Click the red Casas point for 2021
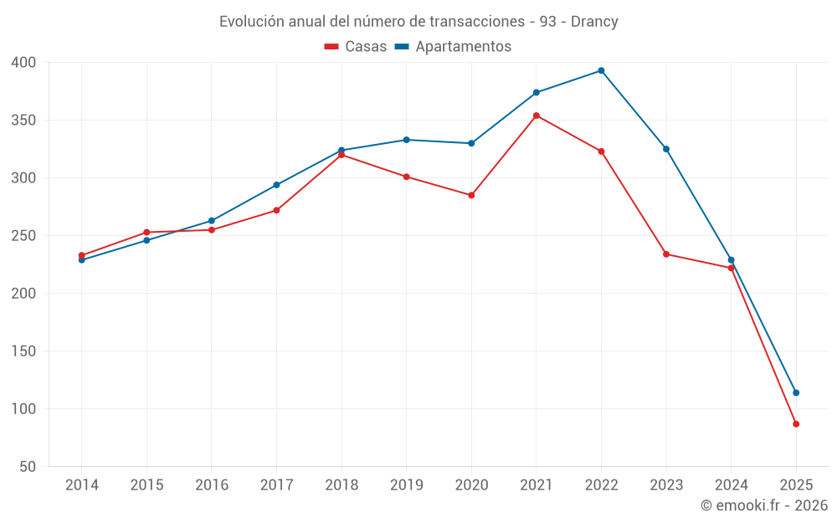(537, 115)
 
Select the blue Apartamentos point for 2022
(601, 70)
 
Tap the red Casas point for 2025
(796, 424)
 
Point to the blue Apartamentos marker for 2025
(796, 392)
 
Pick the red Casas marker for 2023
(666, 254)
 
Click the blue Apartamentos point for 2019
(406, 140)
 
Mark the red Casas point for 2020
(471, 195)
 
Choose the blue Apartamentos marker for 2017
(276, 185)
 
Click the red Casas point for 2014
(81, 255)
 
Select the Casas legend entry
(356, 47)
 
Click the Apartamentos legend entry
(453, 47)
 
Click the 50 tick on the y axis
(28, 467)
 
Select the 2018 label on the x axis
(341, 485)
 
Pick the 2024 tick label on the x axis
(731, 485)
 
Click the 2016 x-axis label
(211, 485)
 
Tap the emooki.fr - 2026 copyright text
(764, 505)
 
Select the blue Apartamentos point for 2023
(666, 149)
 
